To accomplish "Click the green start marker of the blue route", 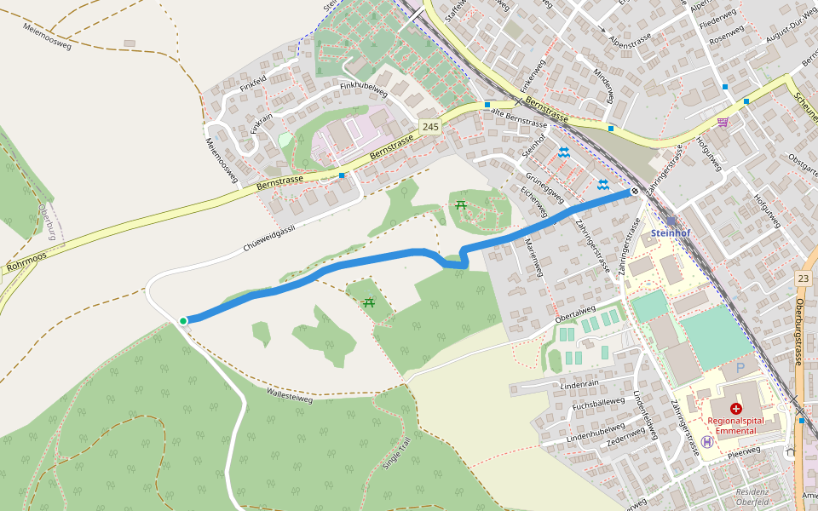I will point(183,320).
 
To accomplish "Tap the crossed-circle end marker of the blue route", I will point(635,192).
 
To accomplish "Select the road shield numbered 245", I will point(430,127).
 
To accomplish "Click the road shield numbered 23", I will point(803,278).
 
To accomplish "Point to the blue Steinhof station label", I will point(671,232).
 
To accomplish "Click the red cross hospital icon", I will point(736,409).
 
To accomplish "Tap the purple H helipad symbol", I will point(707,441).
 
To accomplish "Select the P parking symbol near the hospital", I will point(740,368).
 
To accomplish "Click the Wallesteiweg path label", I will point(290,394).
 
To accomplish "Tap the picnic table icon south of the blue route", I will point(369,302).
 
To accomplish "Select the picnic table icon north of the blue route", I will point(461,204).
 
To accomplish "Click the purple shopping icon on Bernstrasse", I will point(723,122).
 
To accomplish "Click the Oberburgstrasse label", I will point(799,332).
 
